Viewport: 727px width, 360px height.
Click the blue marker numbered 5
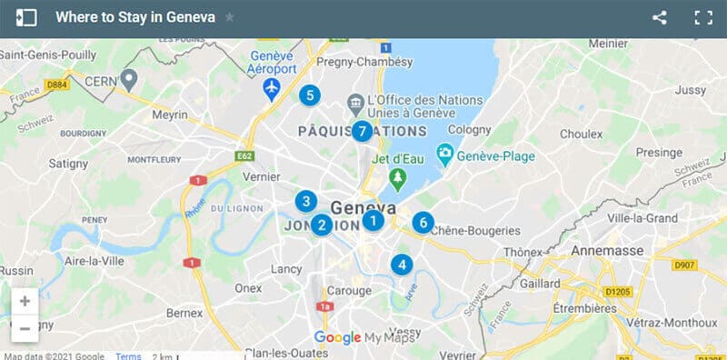[x=310, y=95]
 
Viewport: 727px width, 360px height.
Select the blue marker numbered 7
[x=363, y=132]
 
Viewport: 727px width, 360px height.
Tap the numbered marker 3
[x=306, y=202]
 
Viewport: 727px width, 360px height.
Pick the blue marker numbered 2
[x=321, y=225]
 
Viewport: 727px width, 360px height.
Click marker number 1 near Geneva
[x=373, y=220]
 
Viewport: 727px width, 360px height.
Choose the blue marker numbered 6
[x=423, y=222]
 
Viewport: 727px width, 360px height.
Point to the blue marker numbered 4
[x=401, y=265]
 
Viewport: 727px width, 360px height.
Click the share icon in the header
[x=660, y=17]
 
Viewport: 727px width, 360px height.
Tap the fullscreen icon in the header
[x=702, y=17]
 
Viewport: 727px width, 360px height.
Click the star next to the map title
[x=230, y=17]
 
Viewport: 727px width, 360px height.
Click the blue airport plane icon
[x=272, y=88]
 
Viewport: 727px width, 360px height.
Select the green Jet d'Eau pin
[x=396, y=175]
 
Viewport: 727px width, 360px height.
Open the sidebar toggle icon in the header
[x=26, y=17]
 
